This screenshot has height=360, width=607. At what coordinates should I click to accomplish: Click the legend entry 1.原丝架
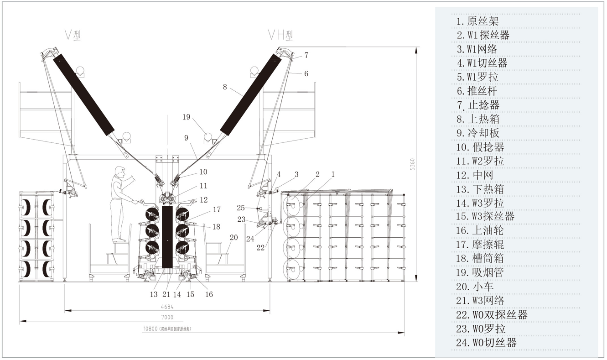[477, 21]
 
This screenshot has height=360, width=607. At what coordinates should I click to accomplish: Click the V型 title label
[73, 35]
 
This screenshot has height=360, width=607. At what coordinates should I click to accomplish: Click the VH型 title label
[280, 35]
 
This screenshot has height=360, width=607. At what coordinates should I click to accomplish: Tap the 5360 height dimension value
[412, 164]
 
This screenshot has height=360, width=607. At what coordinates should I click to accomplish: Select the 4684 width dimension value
[166, 307]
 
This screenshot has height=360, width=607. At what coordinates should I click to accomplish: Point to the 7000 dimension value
[167, 317]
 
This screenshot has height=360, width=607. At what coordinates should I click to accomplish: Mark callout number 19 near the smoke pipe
[186, 117]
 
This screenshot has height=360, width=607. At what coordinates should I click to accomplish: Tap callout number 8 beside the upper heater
[225, 87]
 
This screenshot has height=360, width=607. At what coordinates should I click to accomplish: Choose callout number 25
[241, 208]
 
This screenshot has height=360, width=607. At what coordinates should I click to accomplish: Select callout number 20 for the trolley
[233, 237]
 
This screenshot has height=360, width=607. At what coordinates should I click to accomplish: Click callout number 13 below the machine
[154, 294]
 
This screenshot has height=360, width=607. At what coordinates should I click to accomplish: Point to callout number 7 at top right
[306, 55]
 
